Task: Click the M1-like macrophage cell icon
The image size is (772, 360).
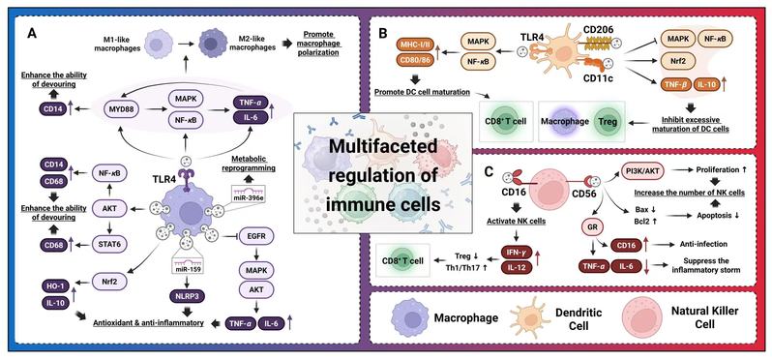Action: (156, 45)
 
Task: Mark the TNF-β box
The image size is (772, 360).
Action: (674, 85)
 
